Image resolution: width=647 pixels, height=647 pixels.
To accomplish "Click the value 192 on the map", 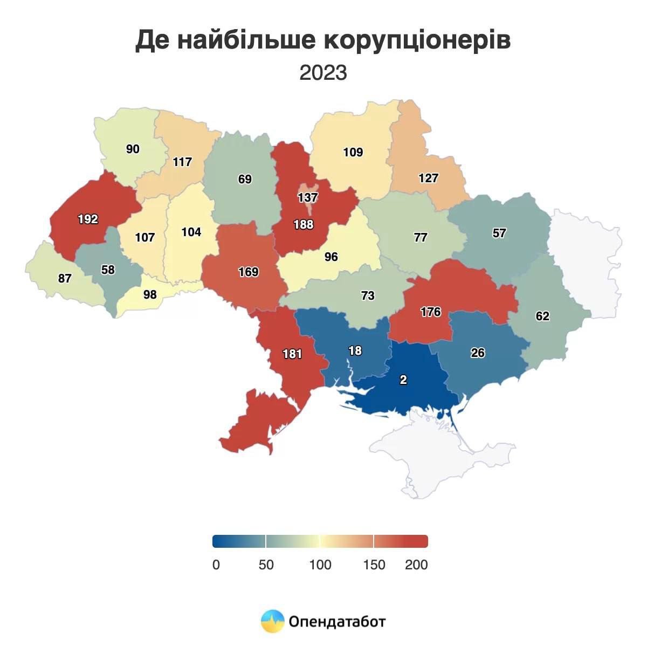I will coord(88,219).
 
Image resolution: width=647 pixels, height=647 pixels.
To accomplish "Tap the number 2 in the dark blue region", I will coord(403,380).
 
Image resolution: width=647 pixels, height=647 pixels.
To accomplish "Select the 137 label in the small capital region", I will coord(307,198).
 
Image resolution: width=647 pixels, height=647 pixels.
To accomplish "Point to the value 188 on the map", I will coord(304,224).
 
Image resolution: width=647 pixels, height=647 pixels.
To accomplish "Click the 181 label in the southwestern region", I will coord(292,354).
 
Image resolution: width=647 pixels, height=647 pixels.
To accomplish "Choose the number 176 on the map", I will coord(431,312).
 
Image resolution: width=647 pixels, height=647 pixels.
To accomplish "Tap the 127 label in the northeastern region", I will coord(429,178).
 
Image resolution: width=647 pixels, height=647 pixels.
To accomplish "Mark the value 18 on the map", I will coord(355,351).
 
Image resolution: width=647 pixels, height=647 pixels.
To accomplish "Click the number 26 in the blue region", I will coord(478,353).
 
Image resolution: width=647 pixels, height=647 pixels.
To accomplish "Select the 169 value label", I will coord(249,272).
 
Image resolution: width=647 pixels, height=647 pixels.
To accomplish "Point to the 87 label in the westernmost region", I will coord(65,279).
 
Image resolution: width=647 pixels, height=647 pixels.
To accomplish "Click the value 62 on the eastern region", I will coord(542,316).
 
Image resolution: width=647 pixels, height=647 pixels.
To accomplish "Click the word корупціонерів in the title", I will coord(417,41).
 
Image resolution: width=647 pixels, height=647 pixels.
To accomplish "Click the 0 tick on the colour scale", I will coord(216,565).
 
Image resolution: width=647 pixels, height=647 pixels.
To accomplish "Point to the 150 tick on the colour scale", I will coord(374,565).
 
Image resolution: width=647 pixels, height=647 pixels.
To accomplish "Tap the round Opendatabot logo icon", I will coord(272,622).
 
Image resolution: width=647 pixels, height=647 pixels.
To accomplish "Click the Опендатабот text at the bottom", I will coord(337,622).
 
